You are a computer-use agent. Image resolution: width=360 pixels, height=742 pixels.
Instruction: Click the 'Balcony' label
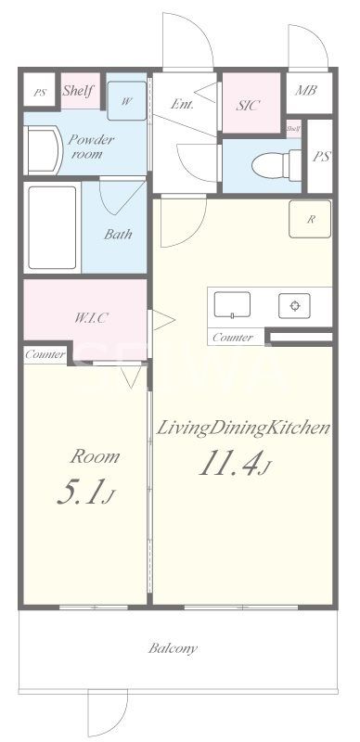tap(173, 648)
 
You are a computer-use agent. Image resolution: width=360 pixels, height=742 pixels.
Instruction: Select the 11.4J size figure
tap(232, 463)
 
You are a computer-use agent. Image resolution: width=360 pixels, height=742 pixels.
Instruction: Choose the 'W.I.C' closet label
tap(91, 317)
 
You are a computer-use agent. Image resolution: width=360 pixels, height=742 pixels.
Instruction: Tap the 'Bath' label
tap(117, 235)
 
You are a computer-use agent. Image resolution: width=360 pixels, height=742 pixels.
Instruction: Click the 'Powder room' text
tap(90, 147)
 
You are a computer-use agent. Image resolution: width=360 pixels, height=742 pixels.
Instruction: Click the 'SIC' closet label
tap(248, 104)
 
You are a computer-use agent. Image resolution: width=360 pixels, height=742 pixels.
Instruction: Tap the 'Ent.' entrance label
tap(183, 104)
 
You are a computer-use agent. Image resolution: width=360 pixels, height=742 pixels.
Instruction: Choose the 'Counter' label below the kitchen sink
tap(232, 338)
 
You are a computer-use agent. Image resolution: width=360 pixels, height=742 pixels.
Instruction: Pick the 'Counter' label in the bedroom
tap(45, 354)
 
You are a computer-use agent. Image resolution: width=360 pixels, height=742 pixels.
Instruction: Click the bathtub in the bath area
tap(52, 228)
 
